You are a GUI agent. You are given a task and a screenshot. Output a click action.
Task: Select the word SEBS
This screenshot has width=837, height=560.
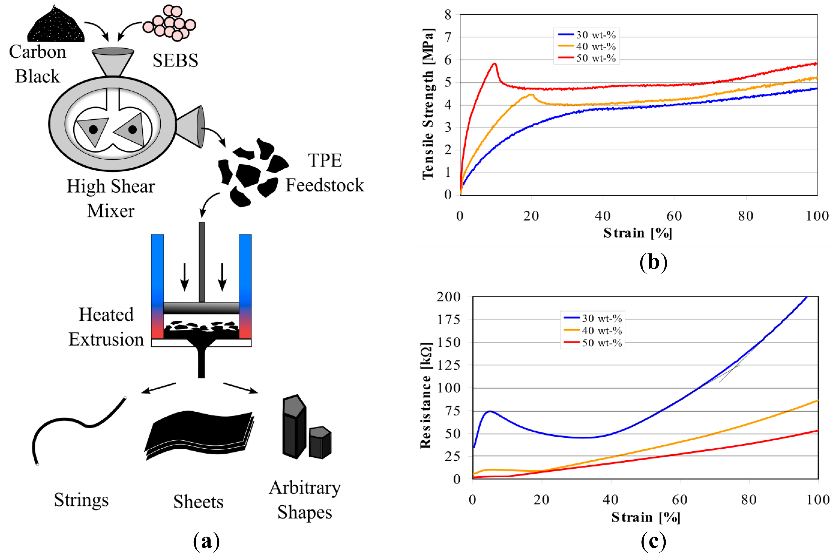175,60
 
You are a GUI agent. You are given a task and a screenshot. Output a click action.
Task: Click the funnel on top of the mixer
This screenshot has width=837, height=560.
113,61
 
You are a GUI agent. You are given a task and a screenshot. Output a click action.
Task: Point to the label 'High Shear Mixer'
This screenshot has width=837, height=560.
111,198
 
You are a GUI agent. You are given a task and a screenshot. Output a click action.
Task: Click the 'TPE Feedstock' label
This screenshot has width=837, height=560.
325,173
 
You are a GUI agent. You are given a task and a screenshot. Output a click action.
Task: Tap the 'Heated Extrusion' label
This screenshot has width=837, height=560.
106,327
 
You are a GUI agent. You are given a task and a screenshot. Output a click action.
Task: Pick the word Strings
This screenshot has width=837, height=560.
81,500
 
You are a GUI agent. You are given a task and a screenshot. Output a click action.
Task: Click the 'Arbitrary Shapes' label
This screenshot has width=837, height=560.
305,500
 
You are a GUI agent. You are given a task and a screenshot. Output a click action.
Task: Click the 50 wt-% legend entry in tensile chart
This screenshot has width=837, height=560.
587,58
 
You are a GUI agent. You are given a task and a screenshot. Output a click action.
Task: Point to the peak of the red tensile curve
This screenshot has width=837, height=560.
494,64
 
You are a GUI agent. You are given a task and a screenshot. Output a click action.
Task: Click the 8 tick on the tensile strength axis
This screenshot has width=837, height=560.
448,15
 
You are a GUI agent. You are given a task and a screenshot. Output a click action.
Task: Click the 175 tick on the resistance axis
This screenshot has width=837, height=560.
449,319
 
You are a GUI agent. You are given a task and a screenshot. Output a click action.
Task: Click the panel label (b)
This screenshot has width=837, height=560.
653,263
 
